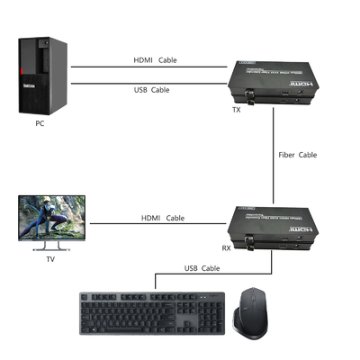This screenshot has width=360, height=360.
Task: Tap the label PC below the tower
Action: point(39,124)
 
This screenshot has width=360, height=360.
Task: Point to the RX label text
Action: point(227,248)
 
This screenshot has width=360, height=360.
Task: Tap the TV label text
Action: point(49,259)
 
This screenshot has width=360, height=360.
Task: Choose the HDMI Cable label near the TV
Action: point(163,218)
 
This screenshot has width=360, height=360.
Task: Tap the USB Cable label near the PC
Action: point(154,90)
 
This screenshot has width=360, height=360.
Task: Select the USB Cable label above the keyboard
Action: point(202,268)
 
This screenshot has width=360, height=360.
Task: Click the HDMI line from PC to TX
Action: point(108,67)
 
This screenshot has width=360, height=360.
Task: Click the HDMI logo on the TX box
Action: point(303,78)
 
